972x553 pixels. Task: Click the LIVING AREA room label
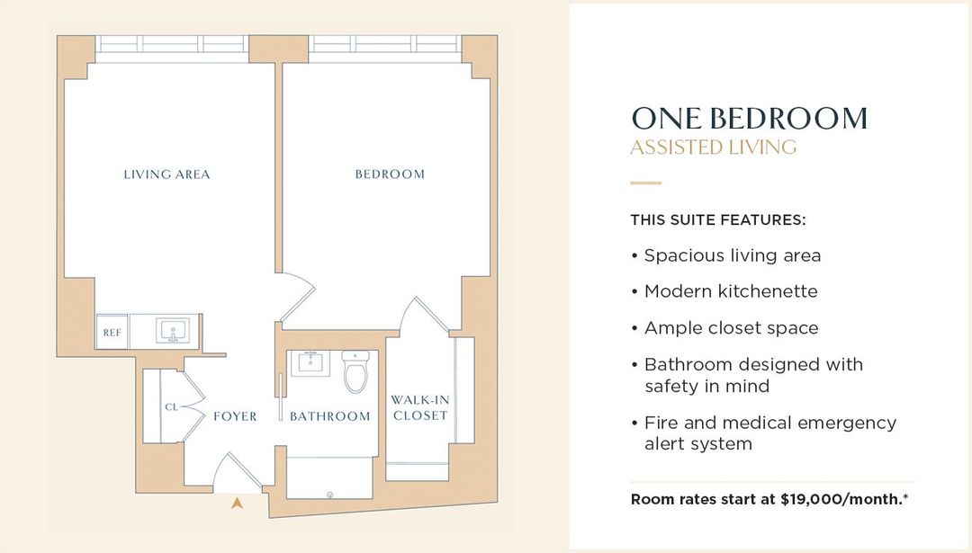(x=166, y=174)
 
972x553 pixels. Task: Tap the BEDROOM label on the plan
(x=390, y=174)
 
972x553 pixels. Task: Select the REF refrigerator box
(x=112, y=333)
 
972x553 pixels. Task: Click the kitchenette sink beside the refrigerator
(x=172, y=332)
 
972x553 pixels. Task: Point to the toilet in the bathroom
(x=356, y=371)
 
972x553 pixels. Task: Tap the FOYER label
(x=235, y=416)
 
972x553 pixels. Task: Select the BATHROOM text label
(x=329, y=416)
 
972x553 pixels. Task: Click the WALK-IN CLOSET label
(x=420, y=408)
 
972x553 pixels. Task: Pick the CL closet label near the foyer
(x=171, y=407)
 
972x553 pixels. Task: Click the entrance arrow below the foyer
(x=237, y=504)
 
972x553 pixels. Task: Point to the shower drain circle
(x=329, y=494)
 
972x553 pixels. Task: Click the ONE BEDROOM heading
(x=749, y=119)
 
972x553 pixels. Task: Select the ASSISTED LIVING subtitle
(x=713, y=147)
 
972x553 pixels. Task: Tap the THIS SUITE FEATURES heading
(x=717, y=219)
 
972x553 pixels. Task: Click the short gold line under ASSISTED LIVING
(x=645, y=183)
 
